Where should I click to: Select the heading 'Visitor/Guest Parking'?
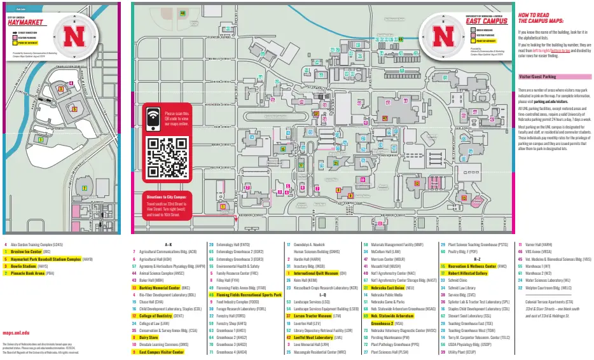537,76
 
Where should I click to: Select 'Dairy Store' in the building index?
149,337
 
